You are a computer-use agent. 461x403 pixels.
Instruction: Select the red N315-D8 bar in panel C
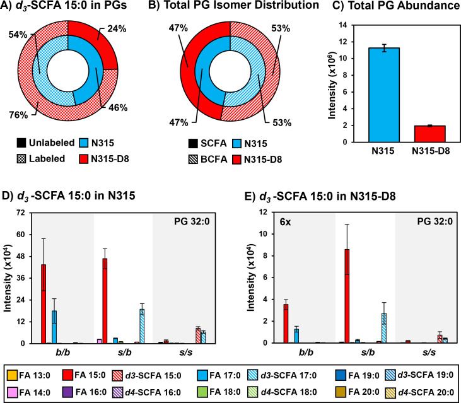tap(412, 134)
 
